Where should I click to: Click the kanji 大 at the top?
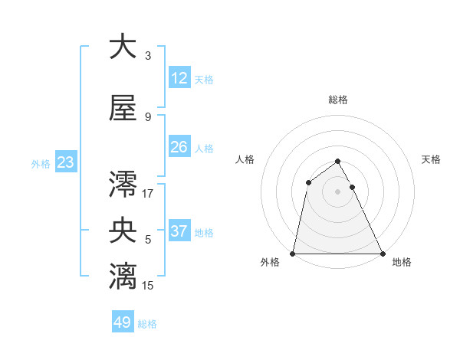[x=122, y=47]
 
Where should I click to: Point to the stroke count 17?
[x=148, y=193]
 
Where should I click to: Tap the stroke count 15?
[x=148, y=286]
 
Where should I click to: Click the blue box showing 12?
[x=179, y=78]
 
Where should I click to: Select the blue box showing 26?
[x=179, y=147]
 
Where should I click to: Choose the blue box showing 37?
[x=179, y=231]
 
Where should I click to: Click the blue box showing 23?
[x=65, y=162]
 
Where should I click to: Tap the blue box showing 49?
[x=123, y=322]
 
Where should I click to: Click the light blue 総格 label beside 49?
[x=147, y=324]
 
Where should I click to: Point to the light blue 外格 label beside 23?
[x=41, y=163]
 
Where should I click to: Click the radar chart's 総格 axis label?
[x=338, y=100]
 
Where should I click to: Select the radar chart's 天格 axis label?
[x=432, y=159]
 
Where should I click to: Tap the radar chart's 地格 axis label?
[x=402, y=263]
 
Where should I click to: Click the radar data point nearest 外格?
[x=293, y=254]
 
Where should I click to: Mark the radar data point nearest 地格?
[x=383, y=254]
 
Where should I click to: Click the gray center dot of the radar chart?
[x=338, y=191]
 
